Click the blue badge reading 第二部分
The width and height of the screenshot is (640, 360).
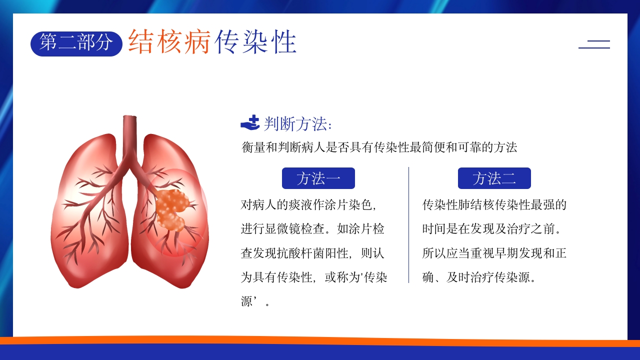(76, 43)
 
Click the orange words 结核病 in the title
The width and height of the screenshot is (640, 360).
(169, 41)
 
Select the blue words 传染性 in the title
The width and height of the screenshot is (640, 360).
(255, 41)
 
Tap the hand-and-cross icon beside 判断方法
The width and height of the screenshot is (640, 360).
(250, 122)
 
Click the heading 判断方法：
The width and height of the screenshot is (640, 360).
(298, 123)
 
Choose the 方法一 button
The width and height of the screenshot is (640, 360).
(318, 178)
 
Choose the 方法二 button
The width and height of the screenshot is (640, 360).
(494, 178)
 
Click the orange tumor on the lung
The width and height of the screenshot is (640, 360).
(172, 209)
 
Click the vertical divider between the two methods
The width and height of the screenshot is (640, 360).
(408, 225)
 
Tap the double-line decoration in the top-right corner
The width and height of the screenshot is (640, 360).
(594, 44)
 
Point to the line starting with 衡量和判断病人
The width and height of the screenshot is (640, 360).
(379, 147)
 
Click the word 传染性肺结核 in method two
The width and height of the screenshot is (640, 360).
(452, 205)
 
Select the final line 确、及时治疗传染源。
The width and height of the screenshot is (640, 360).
(479, 277)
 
